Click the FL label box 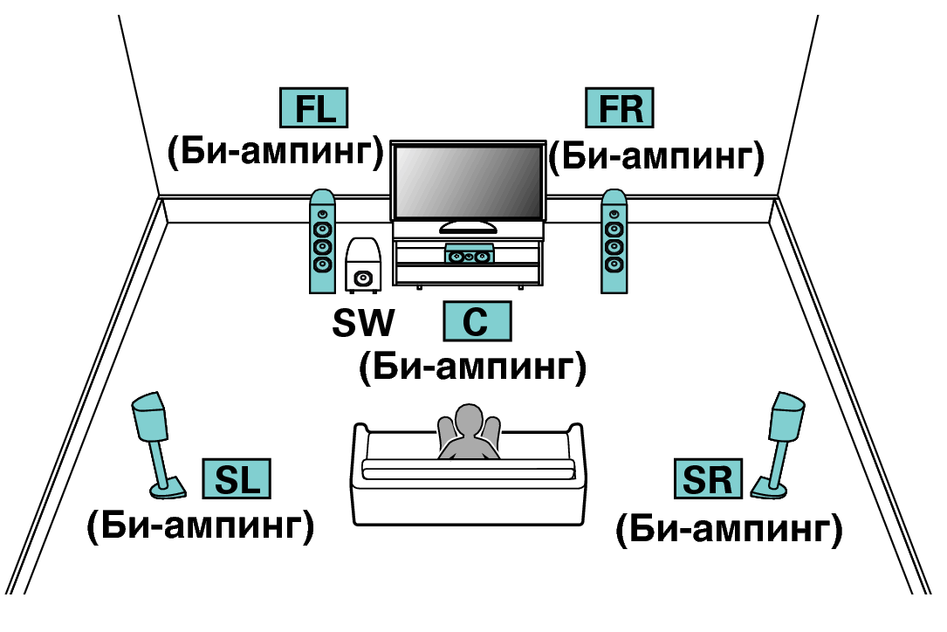[312, 109]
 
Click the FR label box [619, 109]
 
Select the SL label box [237, 479]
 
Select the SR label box [708, 479]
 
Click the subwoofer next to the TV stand [363, 265]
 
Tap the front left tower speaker [322, 242]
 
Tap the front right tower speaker [614, 242]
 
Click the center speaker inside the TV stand [469, 256]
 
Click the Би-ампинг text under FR [656, 157]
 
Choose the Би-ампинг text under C [472, 368]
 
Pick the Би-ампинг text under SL [201, 526]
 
